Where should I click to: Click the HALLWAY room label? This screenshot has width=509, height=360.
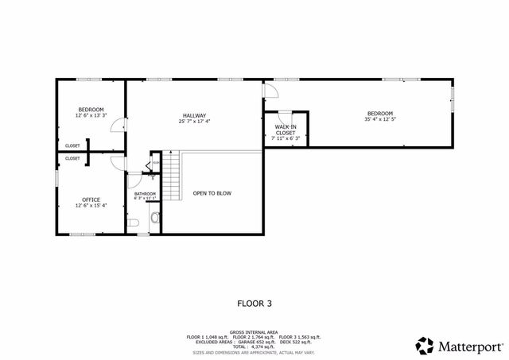[x=194, y=115]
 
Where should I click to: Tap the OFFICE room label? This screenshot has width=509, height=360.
[x=91, y=199]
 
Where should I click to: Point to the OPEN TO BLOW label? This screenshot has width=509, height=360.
[x=212, y=193]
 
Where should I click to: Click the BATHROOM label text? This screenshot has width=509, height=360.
[x=145, y=194]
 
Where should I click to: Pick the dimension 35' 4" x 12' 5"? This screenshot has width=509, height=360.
[x=379, y=120]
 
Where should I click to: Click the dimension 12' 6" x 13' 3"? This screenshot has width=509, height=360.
[x=91, y=115]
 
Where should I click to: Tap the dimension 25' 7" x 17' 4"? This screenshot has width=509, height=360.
[x=194, y=122]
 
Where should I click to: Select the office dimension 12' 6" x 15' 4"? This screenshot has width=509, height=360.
[x=91, y=206]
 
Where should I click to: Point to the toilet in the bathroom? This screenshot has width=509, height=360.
[x=155, y=217]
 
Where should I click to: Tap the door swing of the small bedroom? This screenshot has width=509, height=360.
[x=118, y=125]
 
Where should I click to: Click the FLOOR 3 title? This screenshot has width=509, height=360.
[x=254, y=303]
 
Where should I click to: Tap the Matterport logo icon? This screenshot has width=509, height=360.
[x=425, y=345]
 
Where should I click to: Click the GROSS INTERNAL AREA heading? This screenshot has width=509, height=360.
[x=254, y=331]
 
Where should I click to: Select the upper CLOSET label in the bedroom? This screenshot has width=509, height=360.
[x=72, y=146]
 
